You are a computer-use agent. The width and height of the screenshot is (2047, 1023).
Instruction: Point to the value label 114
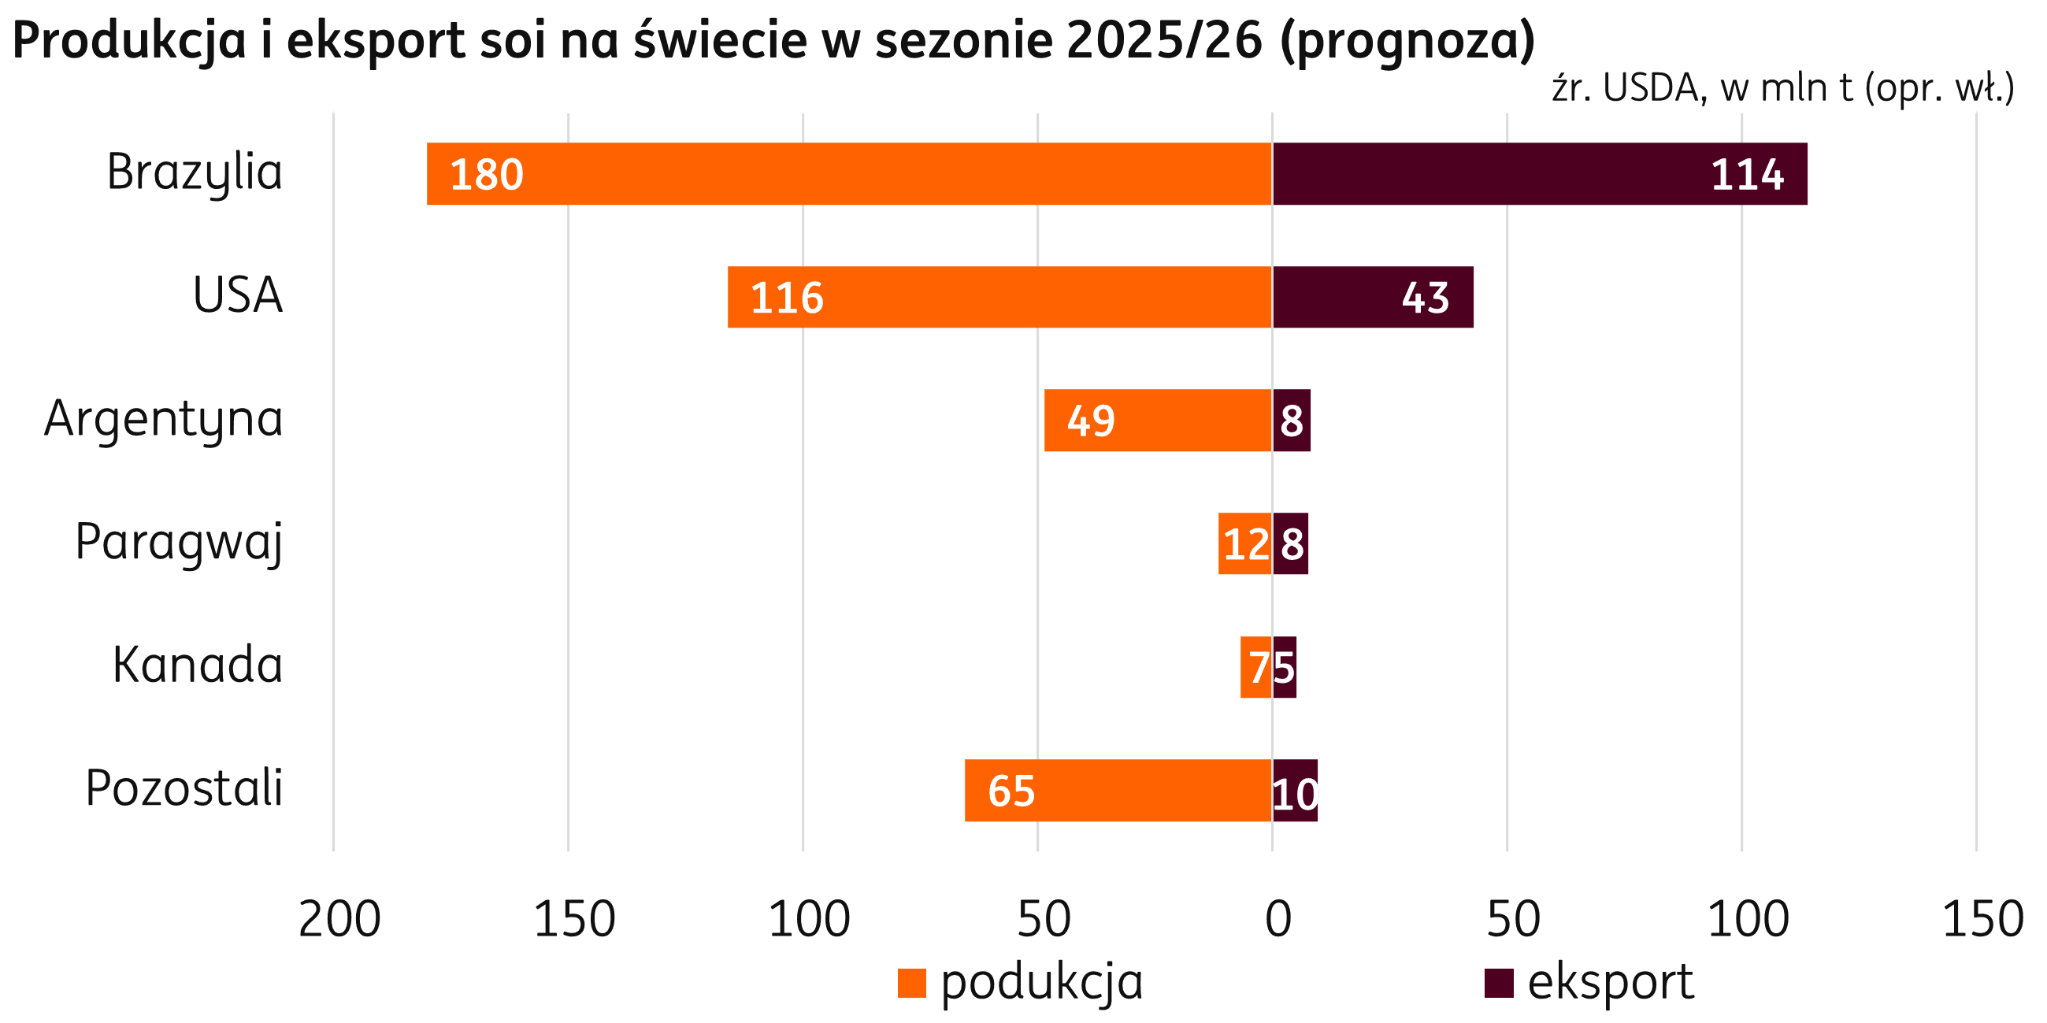point(1748,175)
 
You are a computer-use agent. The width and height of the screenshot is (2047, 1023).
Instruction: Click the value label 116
point(787,298)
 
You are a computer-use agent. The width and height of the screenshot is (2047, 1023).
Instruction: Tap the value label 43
point(1425,298)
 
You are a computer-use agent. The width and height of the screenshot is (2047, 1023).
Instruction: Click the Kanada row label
point(197,665)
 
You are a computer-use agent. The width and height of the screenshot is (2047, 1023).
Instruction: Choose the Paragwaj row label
point(179,543)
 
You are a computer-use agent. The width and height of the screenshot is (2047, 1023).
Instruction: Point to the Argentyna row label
point(163,420)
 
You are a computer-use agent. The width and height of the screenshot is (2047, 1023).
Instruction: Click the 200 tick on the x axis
point(339,920)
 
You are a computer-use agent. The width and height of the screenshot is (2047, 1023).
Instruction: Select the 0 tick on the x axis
point(1278,920)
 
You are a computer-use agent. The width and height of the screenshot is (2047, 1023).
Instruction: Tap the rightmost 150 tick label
point(1982,920)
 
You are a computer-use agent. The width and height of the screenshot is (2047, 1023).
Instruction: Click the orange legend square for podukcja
point(911,983)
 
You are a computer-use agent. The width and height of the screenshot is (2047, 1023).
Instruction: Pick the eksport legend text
point(1610,983)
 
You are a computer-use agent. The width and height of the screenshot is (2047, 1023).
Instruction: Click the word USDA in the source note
point(1650,87)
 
